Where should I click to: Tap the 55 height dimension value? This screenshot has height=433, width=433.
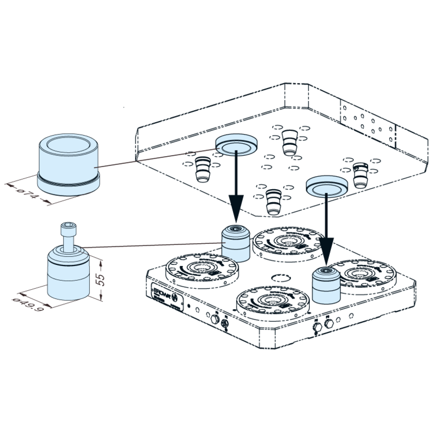coord(102,279)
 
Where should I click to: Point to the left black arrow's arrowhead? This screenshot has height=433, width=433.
coord(236,214)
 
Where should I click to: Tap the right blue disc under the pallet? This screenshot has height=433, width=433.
coord(326,186)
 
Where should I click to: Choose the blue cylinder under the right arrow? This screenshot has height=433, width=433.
coord(326,286)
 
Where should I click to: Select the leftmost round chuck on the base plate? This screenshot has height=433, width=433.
coord(202,270)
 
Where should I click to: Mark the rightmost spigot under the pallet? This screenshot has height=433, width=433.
coord(359,173)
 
